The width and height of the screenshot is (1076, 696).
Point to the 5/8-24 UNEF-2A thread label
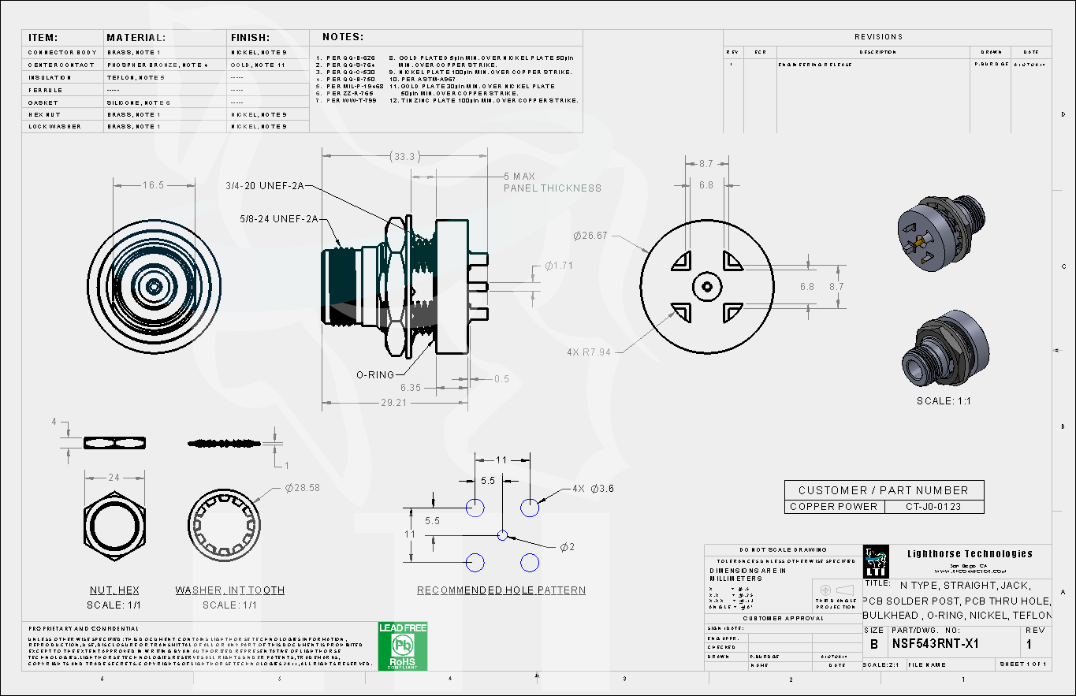(279, 218)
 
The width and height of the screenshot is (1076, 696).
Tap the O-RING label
(374, 374)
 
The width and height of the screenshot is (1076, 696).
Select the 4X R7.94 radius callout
(588, 352)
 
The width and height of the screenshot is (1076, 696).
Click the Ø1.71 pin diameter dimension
(558, 266)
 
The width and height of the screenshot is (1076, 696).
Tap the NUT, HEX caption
(115, 590)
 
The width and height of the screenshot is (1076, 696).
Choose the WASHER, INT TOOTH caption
(230, 590)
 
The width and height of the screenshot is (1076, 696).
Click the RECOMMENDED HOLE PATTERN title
(501, 590)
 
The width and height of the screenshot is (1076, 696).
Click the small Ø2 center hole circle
(503, 536)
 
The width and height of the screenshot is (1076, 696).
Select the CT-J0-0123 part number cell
(933, 507)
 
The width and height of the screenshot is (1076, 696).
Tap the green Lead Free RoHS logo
(403, 646)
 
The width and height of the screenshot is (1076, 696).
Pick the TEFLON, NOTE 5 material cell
(136, 78)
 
